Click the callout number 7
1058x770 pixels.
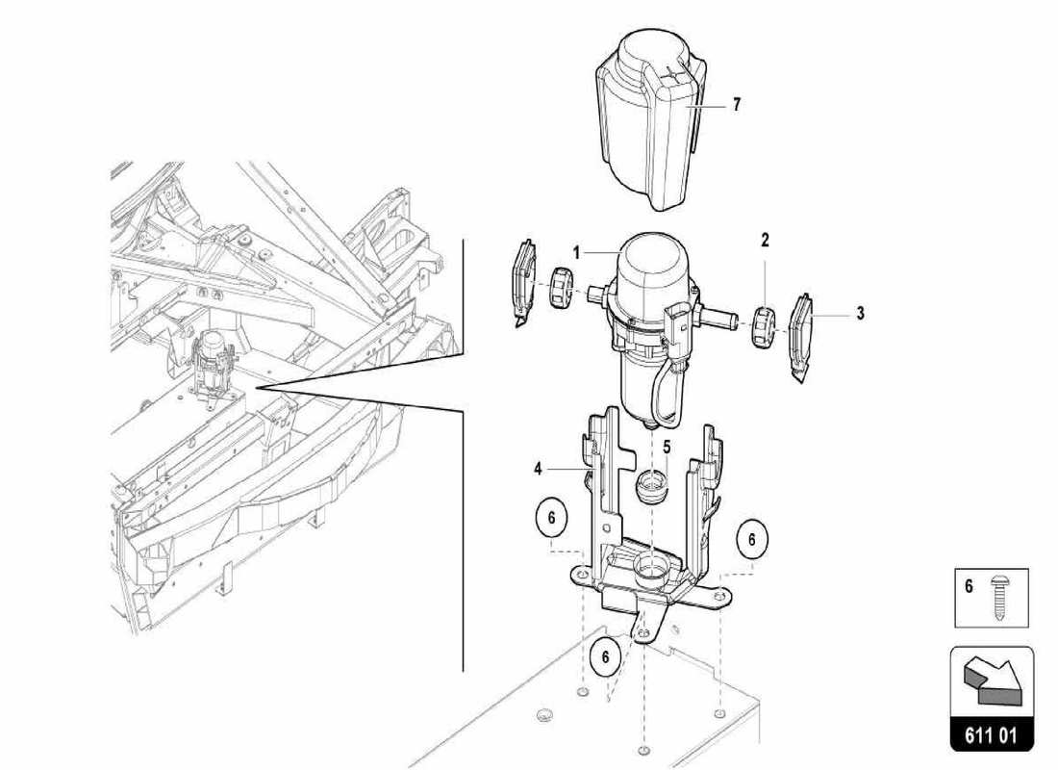(x=736, y=105)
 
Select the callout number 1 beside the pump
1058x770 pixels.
(x=577, y=252)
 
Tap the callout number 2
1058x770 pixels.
(x=765, y=240)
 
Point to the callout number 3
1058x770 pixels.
(x=860, y=313)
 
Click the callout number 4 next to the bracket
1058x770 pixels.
(x=540, y=470)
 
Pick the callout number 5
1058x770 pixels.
(x=666, y=447)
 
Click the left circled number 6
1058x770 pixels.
(x=552, y=520)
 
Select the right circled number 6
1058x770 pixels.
(x=752, y=540)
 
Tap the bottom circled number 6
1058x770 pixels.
(x=606, y=657)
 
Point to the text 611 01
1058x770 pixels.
(x=992, y=738)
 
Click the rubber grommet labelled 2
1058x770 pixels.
(x=763, y=326)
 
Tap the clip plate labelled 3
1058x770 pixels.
(x=802, y=333)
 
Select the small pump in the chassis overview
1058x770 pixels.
(x=214, y=361)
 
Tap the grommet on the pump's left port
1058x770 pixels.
(x=561, y=288)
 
